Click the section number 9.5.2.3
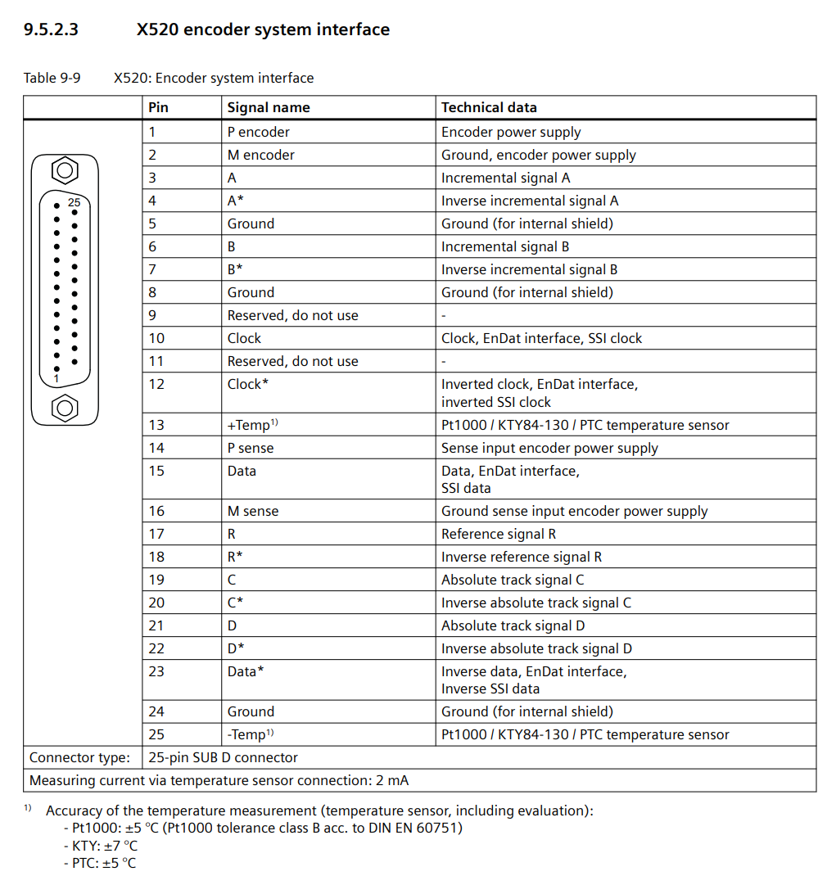point(51,30)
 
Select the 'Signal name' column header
point(269,107)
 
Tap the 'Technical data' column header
point(489,107)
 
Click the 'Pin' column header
point(158,107)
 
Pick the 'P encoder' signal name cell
point(258,132)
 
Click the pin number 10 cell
point(156,338)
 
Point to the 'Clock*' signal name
point(248,384)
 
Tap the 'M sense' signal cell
point(253,511)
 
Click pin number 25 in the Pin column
point(156,734)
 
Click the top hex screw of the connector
point(65,171)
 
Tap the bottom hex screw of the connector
point(65,407)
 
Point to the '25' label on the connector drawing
point(75,202)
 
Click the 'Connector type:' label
point(79,757)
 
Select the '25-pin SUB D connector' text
point(223,757)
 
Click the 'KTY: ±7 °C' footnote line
point(102,846)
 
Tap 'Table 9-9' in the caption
point(52,79)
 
